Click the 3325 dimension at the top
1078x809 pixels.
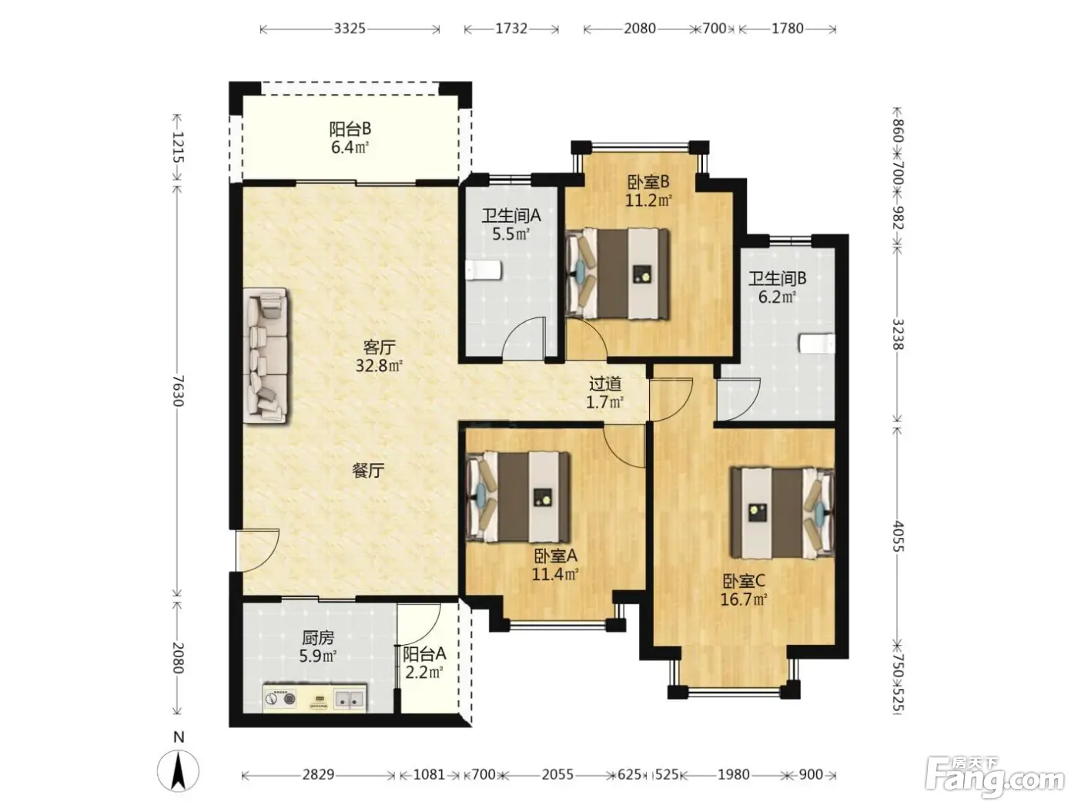pos(350,29)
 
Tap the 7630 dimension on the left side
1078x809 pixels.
pos(178,391)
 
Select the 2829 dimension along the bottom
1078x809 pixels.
pos(318,774)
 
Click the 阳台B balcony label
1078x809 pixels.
pos(350,129)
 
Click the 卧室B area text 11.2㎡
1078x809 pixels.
pos(648,200)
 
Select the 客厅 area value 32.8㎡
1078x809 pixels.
pos(379,365)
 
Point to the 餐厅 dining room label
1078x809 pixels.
pos(368,471)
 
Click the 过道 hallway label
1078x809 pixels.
pos(605,383)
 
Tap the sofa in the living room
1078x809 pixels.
pos(265,354)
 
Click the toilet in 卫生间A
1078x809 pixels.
pos(484,270)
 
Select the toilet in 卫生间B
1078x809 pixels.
pos(816,344)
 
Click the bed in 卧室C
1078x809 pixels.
pos(782,513)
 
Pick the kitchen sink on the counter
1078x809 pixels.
pos(349,697)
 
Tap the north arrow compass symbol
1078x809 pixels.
pos(179,770)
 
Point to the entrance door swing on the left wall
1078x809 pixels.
pos(257,550)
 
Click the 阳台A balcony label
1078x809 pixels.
pos(424,654)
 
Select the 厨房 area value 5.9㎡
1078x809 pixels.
pos(318,656)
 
